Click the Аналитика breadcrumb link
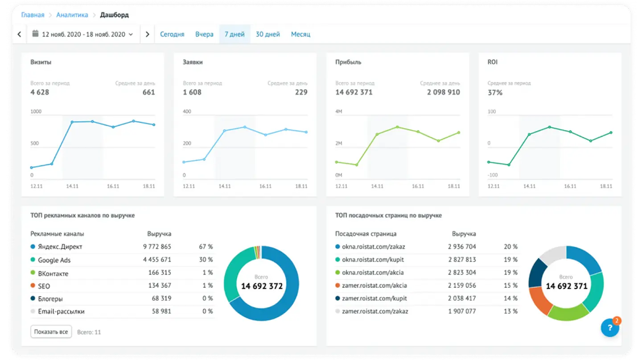click(x=72, y=15)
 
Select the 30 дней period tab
click(x=267, y=34)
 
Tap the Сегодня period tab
click(x=172, y=34)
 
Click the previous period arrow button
click(x=19, y=34)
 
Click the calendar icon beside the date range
click(x=35, y=33)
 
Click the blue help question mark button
click(x=610, y=328)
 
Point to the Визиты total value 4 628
click(x=40, y=92)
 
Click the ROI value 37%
click(x=495, y=93)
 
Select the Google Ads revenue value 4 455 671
click(x=157, y=260)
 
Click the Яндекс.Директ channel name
click(x=60, y=246)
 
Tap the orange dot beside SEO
click(x=33, y=286)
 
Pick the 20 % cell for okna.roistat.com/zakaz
click(x=511, y=246)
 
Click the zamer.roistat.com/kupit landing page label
click(x=374, y=299)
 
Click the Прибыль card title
click(x=348, y=62)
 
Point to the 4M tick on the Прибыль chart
click(x=338, y=111)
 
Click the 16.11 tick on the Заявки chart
click(x=265, y=186)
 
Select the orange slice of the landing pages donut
click(x=539, y=300)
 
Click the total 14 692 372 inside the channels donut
click(x=262, y=286)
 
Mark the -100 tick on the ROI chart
click(x=493, y=175)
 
